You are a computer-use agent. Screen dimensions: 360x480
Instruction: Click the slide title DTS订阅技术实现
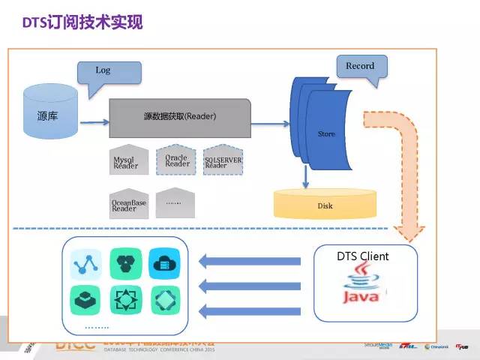click(x=81, y=23)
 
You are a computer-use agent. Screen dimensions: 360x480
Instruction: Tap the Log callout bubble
click(x=103, y=72)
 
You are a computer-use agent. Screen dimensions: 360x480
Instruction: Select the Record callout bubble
click(x=360, y=66)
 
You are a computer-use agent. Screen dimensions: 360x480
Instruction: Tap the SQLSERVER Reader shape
click(x=223, y=160)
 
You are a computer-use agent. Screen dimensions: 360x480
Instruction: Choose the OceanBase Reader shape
click(x=129, y=203)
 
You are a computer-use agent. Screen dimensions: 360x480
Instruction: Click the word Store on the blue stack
click(x=326, y=134)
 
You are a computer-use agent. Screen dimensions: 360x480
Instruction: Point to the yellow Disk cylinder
click(x=325, y=205)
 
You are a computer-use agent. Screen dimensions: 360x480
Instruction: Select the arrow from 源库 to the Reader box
click(x=93, y=122)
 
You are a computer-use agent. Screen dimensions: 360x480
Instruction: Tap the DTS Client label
click(x=362, y=256)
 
